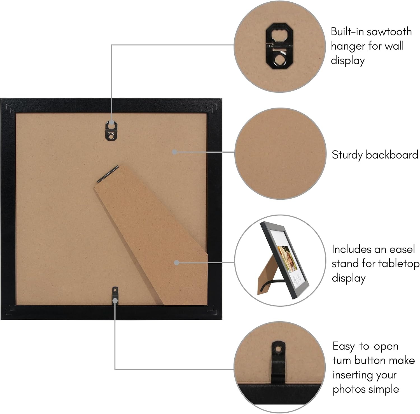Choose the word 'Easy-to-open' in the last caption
(x=365, y=347)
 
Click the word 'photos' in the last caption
(x=350, y=390)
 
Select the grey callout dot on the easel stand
(x=176, y=263)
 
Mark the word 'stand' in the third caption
(x=346, y=264)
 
